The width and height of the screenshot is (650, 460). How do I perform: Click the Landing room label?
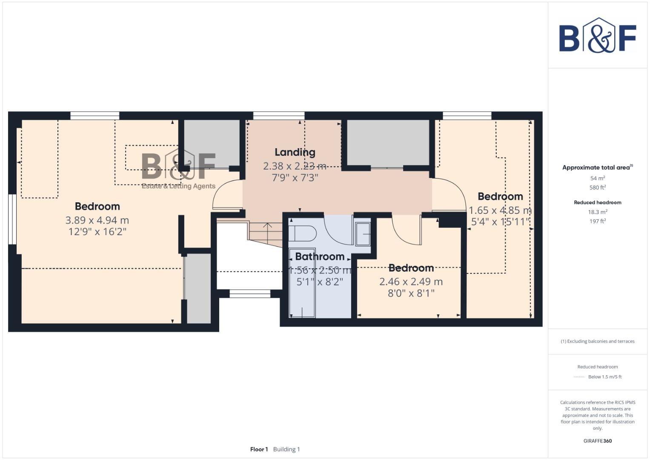click(x=295, y=152)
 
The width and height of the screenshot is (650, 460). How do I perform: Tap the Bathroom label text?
click(x=319, y=256)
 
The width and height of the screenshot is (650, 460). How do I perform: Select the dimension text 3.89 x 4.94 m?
click(x=97, y=220)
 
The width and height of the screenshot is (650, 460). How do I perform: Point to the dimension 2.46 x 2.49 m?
click(x=411, y=282)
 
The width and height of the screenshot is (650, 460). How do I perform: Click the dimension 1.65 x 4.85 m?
click(x=500, y=210)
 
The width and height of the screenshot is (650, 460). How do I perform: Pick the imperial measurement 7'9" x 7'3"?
click(x=295, y=178)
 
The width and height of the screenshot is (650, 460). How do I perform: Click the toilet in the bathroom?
click(x=303, y=234)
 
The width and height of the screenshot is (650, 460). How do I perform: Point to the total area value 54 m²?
click(x=597, y=178)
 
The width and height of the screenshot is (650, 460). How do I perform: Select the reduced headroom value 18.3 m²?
click(x=597, y=212)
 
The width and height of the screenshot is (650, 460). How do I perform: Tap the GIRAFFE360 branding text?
click(x=597, y=441)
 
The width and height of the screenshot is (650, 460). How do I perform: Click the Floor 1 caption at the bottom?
click(x=259, y=449)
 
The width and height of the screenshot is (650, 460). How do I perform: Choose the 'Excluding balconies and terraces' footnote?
click(x=597, y=341)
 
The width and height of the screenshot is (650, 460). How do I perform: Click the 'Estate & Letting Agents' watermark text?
click(x=178, y=186)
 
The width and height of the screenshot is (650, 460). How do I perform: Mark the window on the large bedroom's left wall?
click(x=12, y=219)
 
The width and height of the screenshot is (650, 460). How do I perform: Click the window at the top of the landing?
click(x=279, y=115)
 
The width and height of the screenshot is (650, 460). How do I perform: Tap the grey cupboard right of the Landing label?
click(x=388, y=142)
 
